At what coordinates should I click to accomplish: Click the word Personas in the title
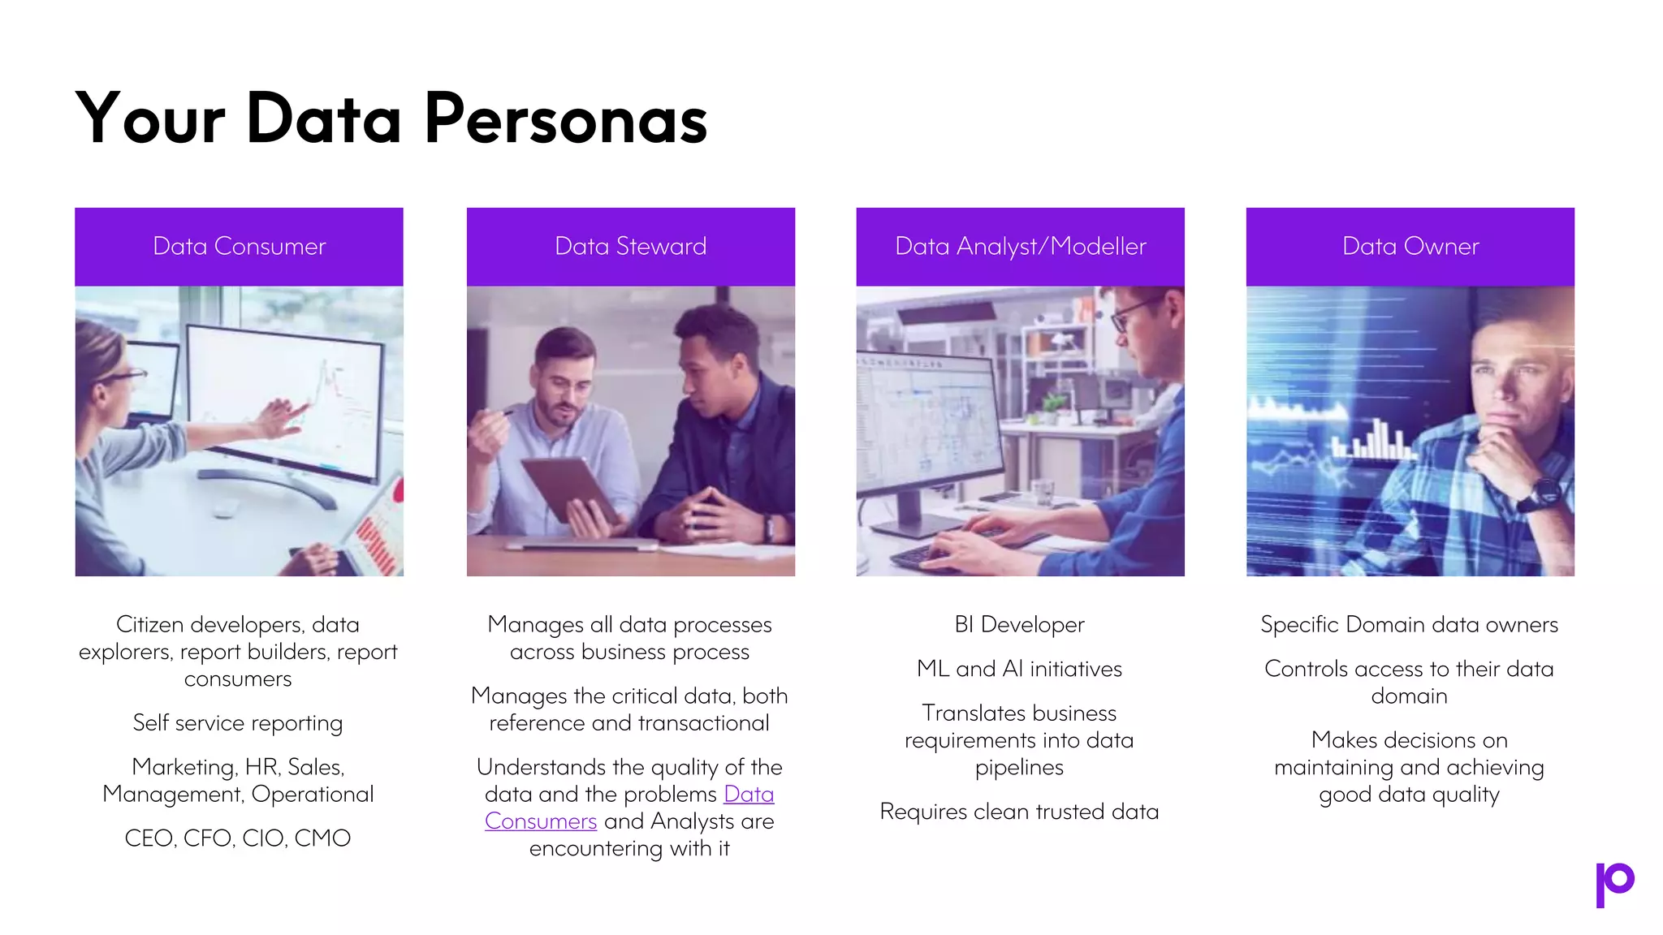pyautogui.click(x=566, y=120)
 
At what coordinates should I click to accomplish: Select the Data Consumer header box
pyautogui.click(x=239, y=246)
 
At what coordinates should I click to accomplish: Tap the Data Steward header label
pyautogui.click(x=630, y=246)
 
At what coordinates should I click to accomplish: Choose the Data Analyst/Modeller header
pyautogui.click(x=1020, y=246)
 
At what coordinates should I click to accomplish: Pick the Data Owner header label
pyautogui.click(x=1410, y=246)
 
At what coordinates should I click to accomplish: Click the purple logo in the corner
pyautogui.click(x=1613, y=884)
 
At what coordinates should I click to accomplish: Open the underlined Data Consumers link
pyautogui.click(x=748, y=794)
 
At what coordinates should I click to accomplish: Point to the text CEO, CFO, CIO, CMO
pyautogui.click(x=237, y=838)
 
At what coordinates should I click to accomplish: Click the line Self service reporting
pyautogui.click(x=237, y=722)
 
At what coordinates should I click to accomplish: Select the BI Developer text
pyautogui.click(x=1019, y=624)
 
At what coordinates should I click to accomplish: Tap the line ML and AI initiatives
pyautogui.click(x=1019, y=669)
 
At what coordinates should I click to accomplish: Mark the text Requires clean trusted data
pyautogui.click(x=1019, y=812)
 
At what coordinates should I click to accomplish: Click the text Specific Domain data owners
pyautogui.click(x=1409, y=624)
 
